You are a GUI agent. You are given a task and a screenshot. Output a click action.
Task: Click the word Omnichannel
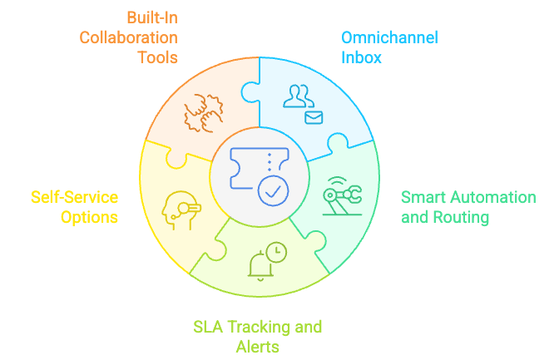pos(389,37)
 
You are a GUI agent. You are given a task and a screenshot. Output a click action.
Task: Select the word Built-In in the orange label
pos(151,17)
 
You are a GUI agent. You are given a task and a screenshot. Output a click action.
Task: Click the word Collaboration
pos(127,37)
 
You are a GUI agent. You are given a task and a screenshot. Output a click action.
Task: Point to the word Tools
pos(157,58)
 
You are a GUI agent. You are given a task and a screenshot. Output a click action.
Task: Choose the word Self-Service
pos(75,197)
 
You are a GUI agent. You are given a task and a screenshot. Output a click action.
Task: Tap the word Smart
pos(422,197)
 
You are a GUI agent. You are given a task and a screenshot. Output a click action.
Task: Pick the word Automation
pos(491,197)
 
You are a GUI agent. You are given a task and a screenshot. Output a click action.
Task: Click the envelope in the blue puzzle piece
pos(314,117)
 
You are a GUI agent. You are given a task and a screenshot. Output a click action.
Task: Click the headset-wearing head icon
pos(182,210)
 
